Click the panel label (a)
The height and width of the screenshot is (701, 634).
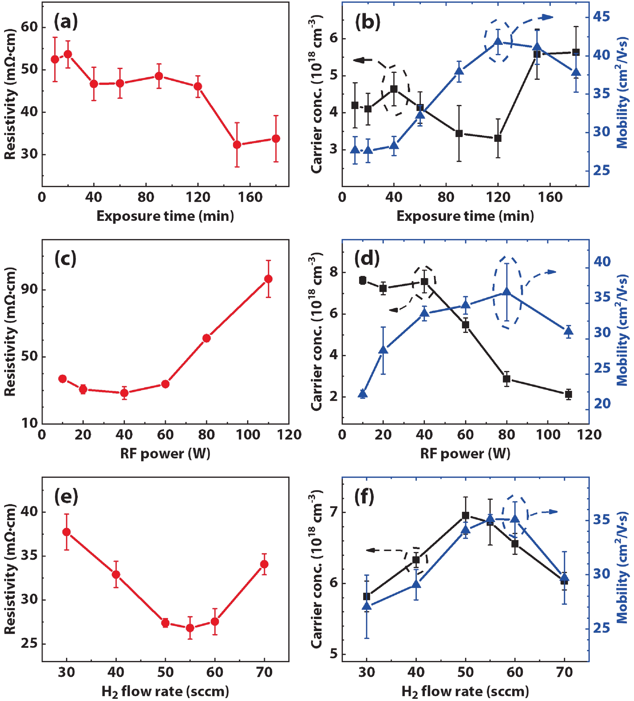click(66, 22)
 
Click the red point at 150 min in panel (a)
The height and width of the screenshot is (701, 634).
click(237, 145)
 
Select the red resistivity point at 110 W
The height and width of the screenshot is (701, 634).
click(268, 279)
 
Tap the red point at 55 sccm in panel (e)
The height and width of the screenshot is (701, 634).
click(190, 628)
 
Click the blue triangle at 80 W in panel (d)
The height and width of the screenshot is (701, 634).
click(507, 292)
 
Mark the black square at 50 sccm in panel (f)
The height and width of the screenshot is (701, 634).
click(465, 515)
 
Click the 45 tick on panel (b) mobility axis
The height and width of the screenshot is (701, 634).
click(601, 17)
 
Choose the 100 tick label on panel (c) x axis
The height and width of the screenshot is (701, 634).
click(248, 435)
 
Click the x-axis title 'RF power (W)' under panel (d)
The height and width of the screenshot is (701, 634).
click(465, 454)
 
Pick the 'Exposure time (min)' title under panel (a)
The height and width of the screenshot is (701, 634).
click(165, 216)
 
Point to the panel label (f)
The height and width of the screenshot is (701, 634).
click(364, 497)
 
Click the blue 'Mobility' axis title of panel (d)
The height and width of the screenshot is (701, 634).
click(622, 330)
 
